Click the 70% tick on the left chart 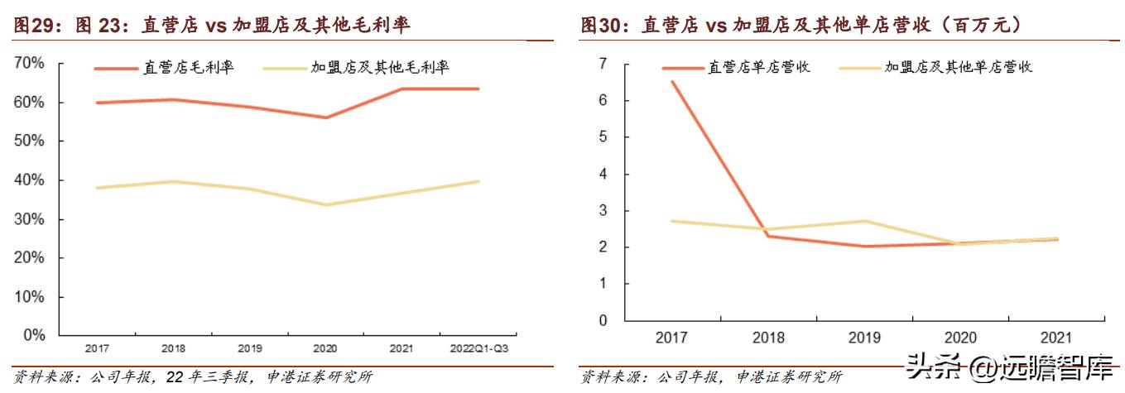click(30, 63)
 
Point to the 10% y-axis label click(30, 297)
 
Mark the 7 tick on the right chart click(603, 64)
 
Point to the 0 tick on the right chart click(603, 320)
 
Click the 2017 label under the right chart click(671, 338)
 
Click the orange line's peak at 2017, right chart click(671, 81)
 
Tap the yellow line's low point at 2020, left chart click(326, 204)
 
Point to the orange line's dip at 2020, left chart click(326, 117)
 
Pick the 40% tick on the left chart click(30, 180)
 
